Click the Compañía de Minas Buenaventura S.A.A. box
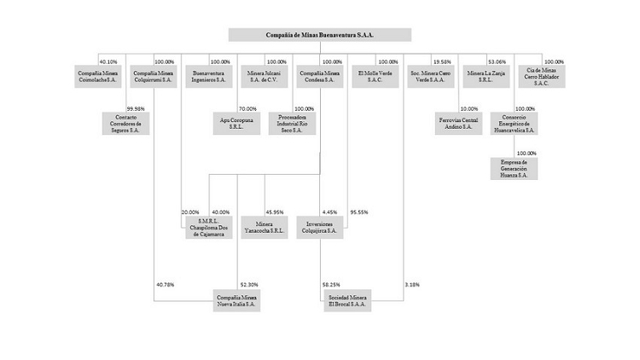click(320, 35)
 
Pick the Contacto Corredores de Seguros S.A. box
click(126, 123)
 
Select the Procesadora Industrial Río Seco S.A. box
click(292, 123)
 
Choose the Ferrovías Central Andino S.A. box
click(458, 123)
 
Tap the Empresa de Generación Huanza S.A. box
click(514, 169)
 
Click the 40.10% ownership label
click(108, 61)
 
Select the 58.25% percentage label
click(332, 284)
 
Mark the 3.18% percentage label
click(412, 284)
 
